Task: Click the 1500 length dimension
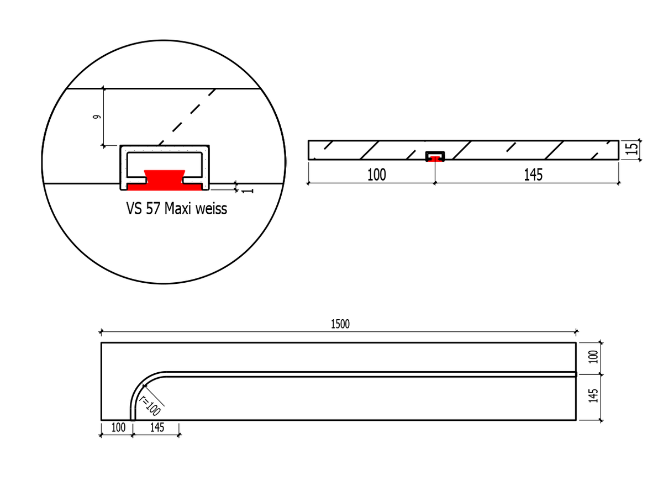tap(340, 324)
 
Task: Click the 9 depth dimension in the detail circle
tap(97, 117)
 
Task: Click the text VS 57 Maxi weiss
tap(176, 209)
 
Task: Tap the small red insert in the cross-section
tap(435, 158)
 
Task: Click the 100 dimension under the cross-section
tap(376, 175)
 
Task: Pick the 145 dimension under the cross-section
tap(533, 175)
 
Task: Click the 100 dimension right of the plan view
tap(594, 357)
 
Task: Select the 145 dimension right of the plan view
tap(594, 395)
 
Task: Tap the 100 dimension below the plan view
tap(118, 427)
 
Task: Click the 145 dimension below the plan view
tap(157, 427)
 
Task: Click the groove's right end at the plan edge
tap(575, 374)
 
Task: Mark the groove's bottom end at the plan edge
tap(133, 419)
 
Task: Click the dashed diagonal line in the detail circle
tap(188, 117)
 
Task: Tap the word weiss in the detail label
tap(209, 209)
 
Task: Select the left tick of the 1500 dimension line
tap(101, 332)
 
